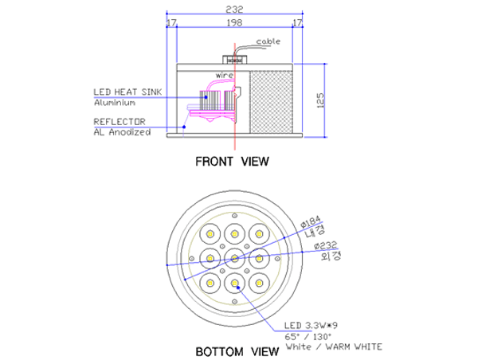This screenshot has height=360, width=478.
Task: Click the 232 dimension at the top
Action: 234,10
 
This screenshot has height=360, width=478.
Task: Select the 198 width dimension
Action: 234,22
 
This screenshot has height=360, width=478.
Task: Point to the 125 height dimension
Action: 320,100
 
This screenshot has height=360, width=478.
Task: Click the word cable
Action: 268,41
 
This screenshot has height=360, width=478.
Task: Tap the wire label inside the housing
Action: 225,75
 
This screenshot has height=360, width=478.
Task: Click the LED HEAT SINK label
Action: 127,92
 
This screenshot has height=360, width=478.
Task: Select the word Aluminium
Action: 115,103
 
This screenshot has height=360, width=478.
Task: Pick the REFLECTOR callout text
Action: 119,122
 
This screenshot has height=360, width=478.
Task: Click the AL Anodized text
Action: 122,132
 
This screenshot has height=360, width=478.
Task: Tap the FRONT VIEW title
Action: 232,161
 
